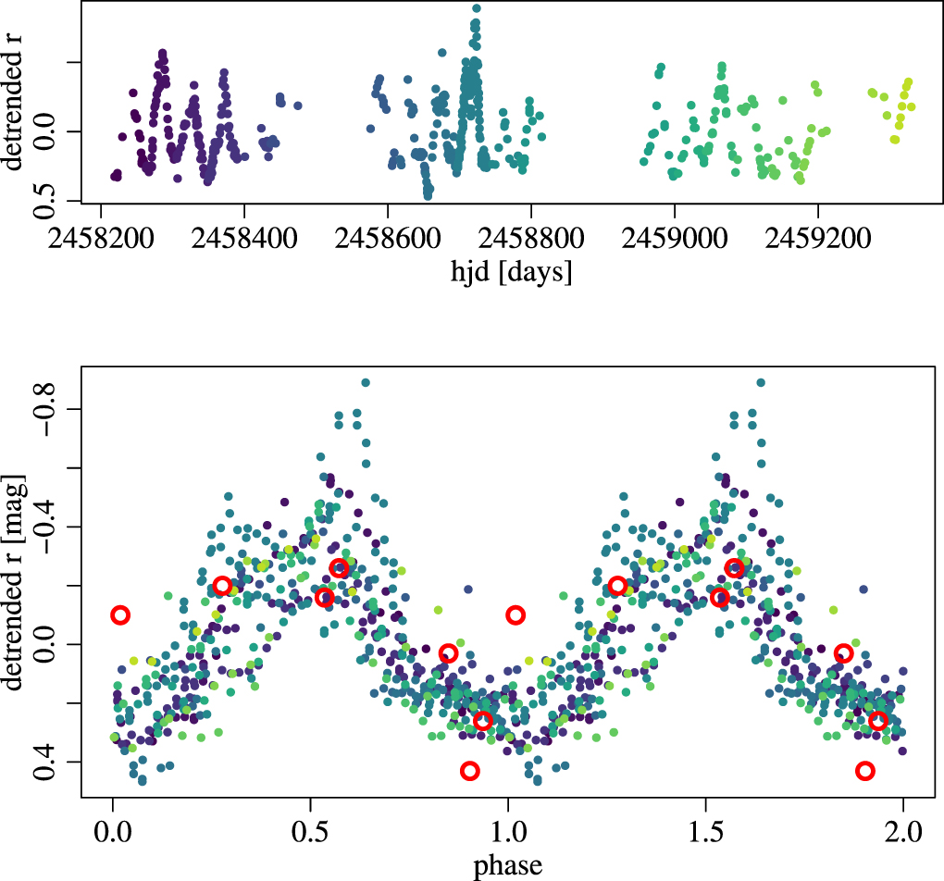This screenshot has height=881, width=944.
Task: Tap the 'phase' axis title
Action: click(x=507, y=866)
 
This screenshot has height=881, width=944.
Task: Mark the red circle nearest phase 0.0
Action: click(x=120, y=614)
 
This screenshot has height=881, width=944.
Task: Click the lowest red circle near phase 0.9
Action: click(x=470, y=771)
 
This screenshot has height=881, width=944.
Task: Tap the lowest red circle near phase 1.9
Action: click(x=865, y=771)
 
